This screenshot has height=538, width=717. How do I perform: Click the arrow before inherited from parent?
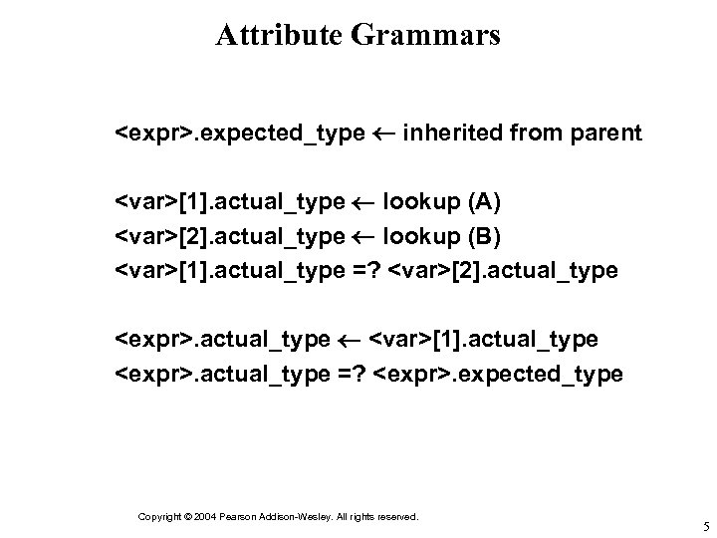(384, 134)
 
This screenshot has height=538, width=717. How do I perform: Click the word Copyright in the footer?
(158, 517)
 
